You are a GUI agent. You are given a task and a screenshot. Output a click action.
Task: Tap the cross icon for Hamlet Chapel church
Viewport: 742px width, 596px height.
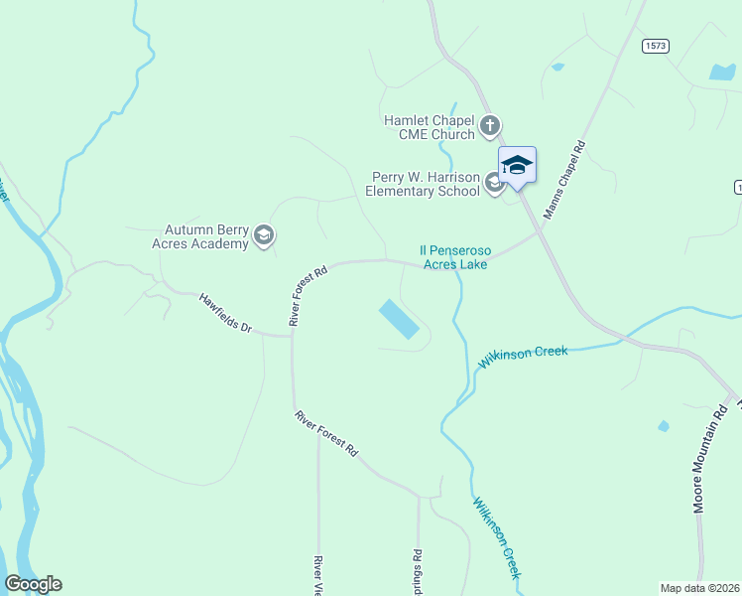(489, 126)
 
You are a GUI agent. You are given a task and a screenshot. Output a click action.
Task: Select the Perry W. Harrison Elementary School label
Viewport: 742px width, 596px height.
(423, 184)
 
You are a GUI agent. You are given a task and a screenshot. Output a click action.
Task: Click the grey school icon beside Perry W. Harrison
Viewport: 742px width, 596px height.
(494, 183)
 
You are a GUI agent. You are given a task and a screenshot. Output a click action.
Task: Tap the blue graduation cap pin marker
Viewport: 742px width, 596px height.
(517, 165)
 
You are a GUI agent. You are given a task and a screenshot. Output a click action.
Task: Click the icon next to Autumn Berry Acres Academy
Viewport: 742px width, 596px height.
(264, 235)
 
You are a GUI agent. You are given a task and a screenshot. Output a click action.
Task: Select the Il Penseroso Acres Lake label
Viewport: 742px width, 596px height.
(455, 257)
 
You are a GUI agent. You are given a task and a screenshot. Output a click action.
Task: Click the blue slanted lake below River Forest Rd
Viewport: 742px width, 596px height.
(399, 320)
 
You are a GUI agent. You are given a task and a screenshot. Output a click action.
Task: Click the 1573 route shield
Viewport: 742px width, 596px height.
(655, 46)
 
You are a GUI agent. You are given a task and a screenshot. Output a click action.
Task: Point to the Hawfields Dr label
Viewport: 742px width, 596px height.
(225, 312)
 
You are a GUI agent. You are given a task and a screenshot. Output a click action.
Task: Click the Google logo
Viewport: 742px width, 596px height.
(33, 584)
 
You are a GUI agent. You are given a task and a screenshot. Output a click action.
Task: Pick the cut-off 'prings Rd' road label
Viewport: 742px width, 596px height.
(419, 569)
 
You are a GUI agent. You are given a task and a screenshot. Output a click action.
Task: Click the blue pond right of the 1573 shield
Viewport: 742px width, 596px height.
(722, 72)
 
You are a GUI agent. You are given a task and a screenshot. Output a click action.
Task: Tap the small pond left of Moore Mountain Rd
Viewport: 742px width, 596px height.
(663, 426)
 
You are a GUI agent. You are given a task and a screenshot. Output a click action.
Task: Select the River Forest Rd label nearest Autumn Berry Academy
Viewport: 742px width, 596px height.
(309, 296)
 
